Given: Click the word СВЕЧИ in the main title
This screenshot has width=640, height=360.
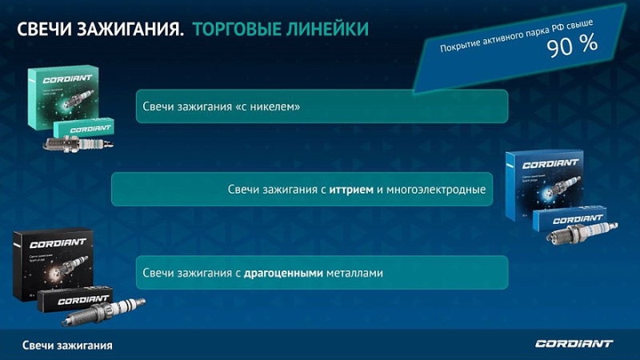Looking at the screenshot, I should (x=45, y=30).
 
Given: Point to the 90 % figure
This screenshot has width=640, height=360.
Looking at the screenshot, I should (x=572, y=46).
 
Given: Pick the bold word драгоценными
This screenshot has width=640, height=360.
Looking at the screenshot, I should (x=283, y=273).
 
